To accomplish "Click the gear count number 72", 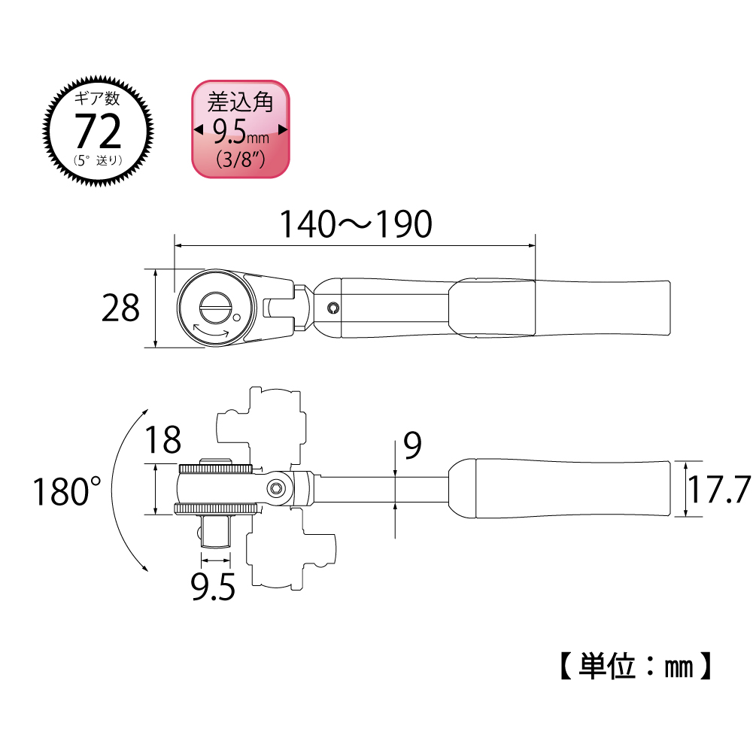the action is click(x=98, y=131).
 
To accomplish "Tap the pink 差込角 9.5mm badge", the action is click(x=241, y=129).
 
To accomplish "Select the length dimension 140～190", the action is click(x=356, y=224).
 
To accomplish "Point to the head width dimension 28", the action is click(x=120, y=308).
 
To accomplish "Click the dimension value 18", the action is click(x=162, y=439).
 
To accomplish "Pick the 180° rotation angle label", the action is click(x=67, y=491).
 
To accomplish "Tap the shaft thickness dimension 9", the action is click(x=412, y=445).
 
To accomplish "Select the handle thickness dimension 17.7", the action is click(x=719, y=490).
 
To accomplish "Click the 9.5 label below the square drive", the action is click(x=213, y=586).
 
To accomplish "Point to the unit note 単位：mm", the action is click(x=636, y=666).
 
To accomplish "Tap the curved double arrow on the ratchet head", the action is click(x=211, y=331).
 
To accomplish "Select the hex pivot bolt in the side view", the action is click(x=276, y=489).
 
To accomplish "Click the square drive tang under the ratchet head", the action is click(x=216, y=530).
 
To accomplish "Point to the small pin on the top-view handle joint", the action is click(x=332, y=308).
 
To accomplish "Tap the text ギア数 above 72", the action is click(x=97, y=99).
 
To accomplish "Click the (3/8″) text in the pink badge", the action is click(x=241, y=159).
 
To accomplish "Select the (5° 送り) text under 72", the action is click(x=98, y=160).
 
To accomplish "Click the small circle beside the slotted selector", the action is click(x=236, y=317).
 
